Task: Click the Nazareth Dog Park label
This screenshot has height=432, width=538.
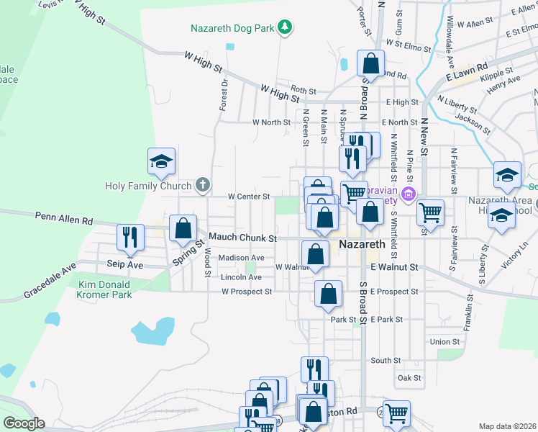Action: click(233, 29)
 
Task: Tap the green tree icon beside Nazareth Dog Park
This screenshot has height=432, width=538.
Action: click(286, 28)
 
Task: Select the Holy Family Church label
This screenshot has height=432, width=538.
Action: click(150, 185)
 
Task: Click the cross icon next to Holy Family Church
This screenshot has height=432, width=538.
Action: click(203, 185)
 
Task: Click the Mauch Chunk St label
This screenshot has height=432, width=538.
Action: click(242, 238)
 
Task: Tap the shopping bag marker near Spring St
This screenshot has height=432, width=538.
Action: click(183, 228)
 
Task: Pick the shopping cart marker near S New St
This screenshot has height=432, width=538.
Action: click(430, 212)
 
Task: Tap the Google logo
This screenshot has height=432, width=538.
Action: click(24, 423)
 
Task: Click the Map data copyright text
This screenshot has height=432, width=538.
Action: click(507, 426)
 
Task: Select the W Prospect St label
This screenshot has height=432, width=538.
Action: click(247, 292)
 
